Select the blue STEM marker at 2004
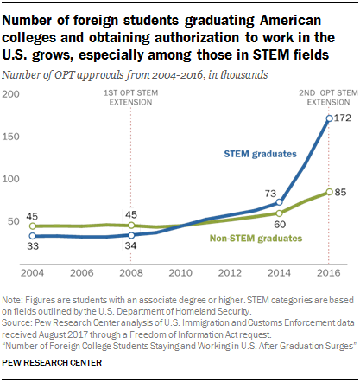[x=32, y=235]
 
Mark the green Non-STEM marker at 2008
[x=130, y=226]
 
